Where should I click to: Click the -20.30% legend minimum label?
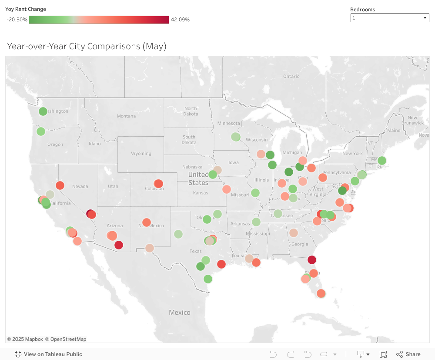click(17, 20)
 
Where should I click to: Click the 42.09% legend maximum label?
click(180, 20)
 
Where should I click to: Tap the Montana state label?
click(126, 116)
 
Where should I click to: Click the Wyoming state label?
click(141, 154)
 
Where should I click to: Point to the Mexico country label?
click(180, 313)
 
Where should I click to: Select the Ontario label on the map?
click(291, 77)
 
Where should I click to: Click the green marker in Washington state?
click(43, 111)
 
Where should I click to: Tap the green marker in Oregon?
click(41, 131)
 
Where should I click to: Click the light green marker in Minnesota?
click(235, 137)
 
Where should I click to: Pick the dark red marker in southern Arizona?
click(119, 245)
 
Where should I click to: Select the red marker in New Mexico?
click(146, 222)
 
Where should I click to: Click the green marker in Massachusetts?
click(382, 160)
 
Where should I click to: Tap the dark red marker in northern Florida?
click(312, 260)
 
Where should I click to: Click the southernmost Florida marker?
click(321, 293)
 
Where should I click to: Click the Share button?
click(408, 354)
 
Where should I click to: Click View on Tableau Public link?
click(53, 354)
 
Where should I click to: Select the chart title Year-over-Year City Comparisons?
click(87, 46)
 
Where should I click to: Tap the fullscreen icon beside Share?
click(383, 354)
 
